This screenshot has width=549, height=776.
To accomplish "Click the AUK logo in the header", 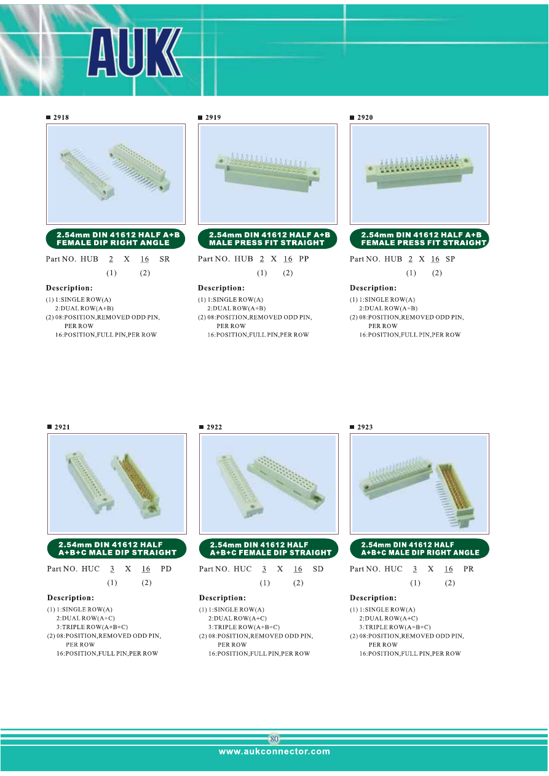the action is coord(135,52).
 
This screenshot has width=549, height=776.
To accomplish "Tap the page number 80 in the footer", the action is coord(274,739).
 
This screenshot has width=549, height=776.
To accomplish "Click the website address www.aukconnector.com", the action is coord(274,751).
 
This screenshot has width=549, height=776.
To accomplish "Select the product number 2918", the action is coord(61,117).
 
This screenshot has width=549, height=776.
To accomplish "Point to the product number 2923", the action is coord(365,427).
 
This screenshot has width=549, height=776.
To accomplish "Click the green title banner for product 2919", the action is coord(267,238).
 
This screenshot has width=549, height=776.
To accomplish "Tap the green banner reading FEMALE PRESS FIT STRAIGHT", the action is coord(419,238).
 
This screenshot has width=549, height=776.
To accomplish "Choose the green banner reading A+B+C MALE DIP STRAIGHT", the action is coord(117,549).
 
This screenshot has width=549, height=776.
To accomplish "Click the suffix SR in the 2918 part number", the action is coord(165,259).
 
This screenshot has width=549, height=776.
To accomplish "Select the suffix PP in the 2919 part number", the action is coord(304,259).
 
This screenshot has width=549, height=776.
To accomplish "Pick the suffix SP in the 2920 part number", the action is coord(450,259).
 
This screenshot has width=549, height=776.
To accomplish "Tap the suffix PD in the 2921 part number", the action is coord(166,569).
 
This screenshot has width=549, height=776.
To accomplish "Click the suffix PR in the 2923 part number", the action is coord(468,569).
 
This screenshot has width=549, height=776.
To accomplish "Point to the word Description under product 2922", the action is coord(222,598).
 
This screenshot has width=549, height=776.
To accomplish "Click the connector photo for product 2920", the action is coord(419,174).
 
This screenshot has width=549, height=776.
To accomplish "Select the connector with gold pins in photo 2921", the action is coord(136,485).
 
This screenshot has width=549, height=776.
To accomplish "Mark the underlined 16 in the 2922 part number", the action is coord(298,569).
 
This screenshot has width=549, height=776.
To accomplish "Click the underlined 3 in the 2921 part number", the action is coord(112,569).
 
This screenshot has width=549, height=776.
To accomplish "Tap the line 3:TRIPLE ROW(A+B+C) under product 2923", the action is coord(395,627).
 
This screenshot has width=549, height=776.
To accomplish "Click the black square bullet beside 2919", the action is coord(200,117).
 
